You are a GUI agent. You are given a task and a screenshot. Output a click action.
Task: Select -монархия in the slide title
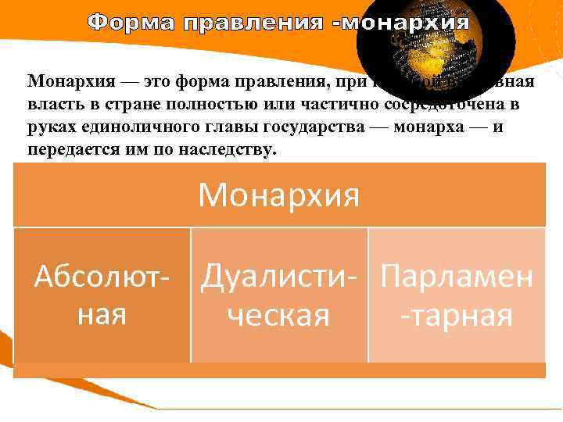click(400, 22)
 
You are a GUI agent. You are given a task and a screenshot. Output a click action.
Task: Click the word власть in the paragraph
click(52, 104)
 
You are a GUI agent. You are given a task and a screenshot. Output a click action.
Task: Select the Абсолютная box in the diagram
click(102, 295)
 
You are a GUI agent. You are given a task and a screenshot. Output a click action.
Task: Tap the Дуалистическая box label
click(278, 295)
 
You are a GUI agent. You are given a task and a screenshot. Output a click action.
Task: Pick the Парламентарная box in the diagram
click(457, 295)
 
